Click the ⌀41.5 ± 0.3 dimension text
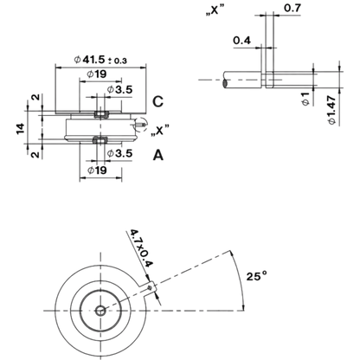coord(100,60)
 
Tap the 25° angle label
coord(257,276)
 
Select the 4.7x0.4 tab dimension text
coord(141,248)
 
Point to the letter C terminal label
coord(157,101)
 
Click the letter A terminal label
coord(158,155)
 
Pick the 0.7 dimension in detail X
coord(292,8)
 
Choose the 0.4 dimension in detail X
coord(241,41)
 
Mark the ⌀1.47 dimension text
coord(332,110)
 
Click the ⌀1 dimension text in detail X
coord(305,99)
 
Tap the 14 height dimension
coord(21,129)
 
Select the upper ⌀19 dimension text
coord(97,74)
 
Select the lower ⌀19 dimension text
coord(97,170)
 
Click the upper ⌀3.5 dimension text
coord(119,90)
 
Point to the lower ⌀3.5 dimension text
coord(119,153)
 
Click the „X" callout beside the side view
coord(159,130)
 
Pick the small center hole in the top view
coord(100,311)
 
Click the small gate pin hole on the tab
coord(150,287)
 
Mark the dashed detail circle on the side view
coord(140,125)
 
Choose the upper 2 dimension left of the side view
coord(36,97)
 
